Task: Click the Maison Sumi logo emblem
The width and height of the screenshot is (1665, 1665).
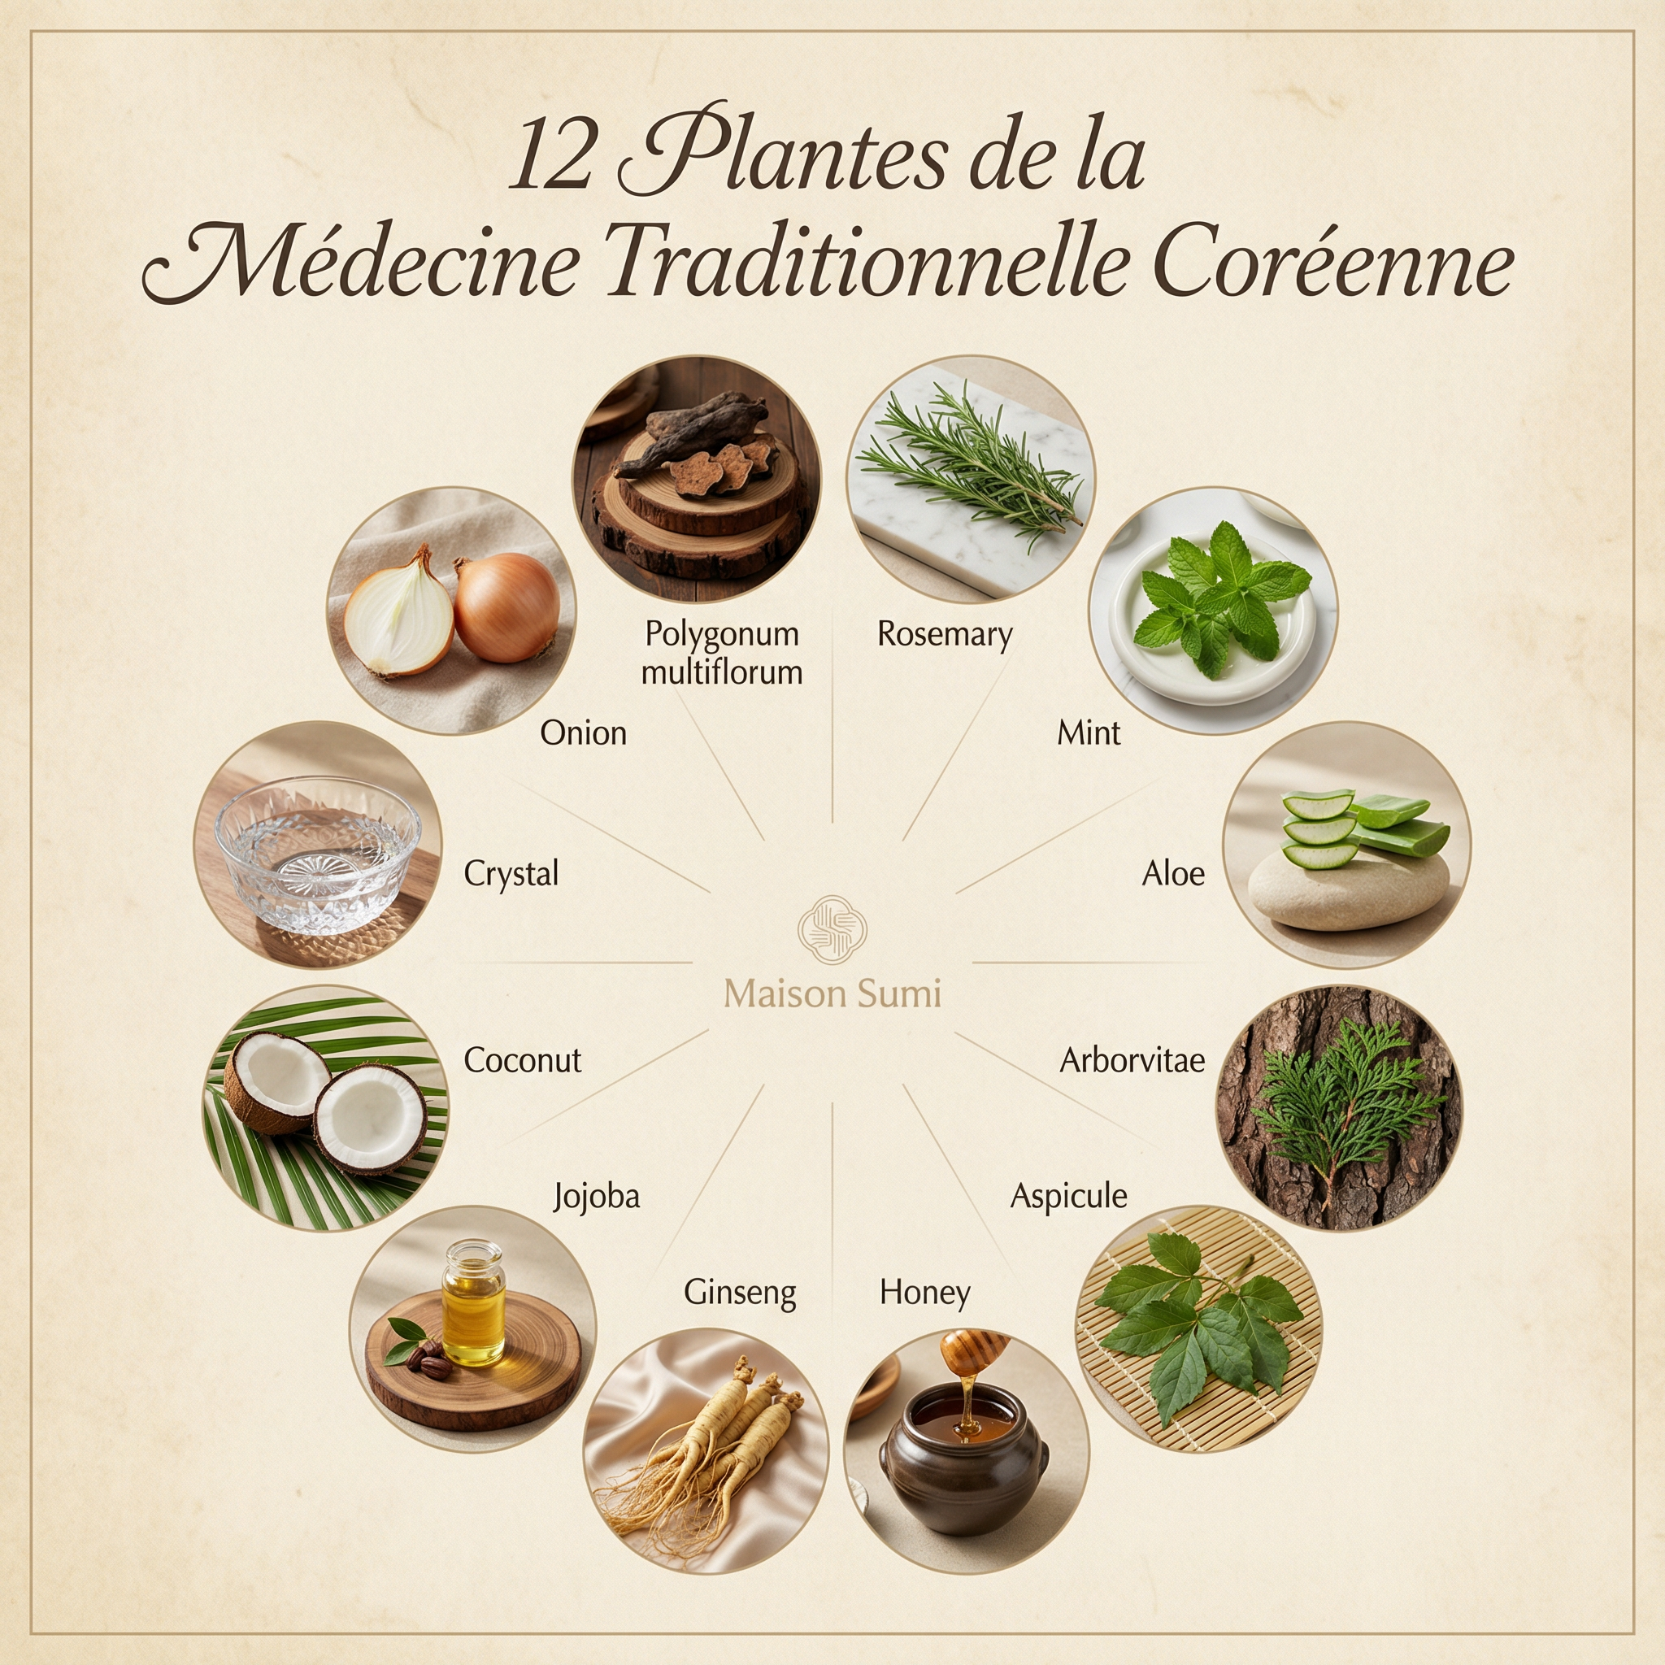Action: [x=832, y=928]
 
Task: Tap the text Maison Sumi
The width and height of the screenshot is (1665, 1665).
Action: [x=832, y=993]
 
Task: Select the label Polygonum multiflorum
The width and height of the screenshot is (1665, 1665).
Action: [x=721, y=652]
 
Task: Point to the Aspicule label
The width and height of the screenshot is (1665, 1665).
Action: [x=1067, y=1197]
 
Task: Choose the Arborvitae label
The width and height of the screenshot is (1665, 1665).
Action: [x=1132, y=1060]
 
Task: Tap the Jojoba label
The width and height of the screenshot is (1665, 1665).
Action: [x=597, y=1197]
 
